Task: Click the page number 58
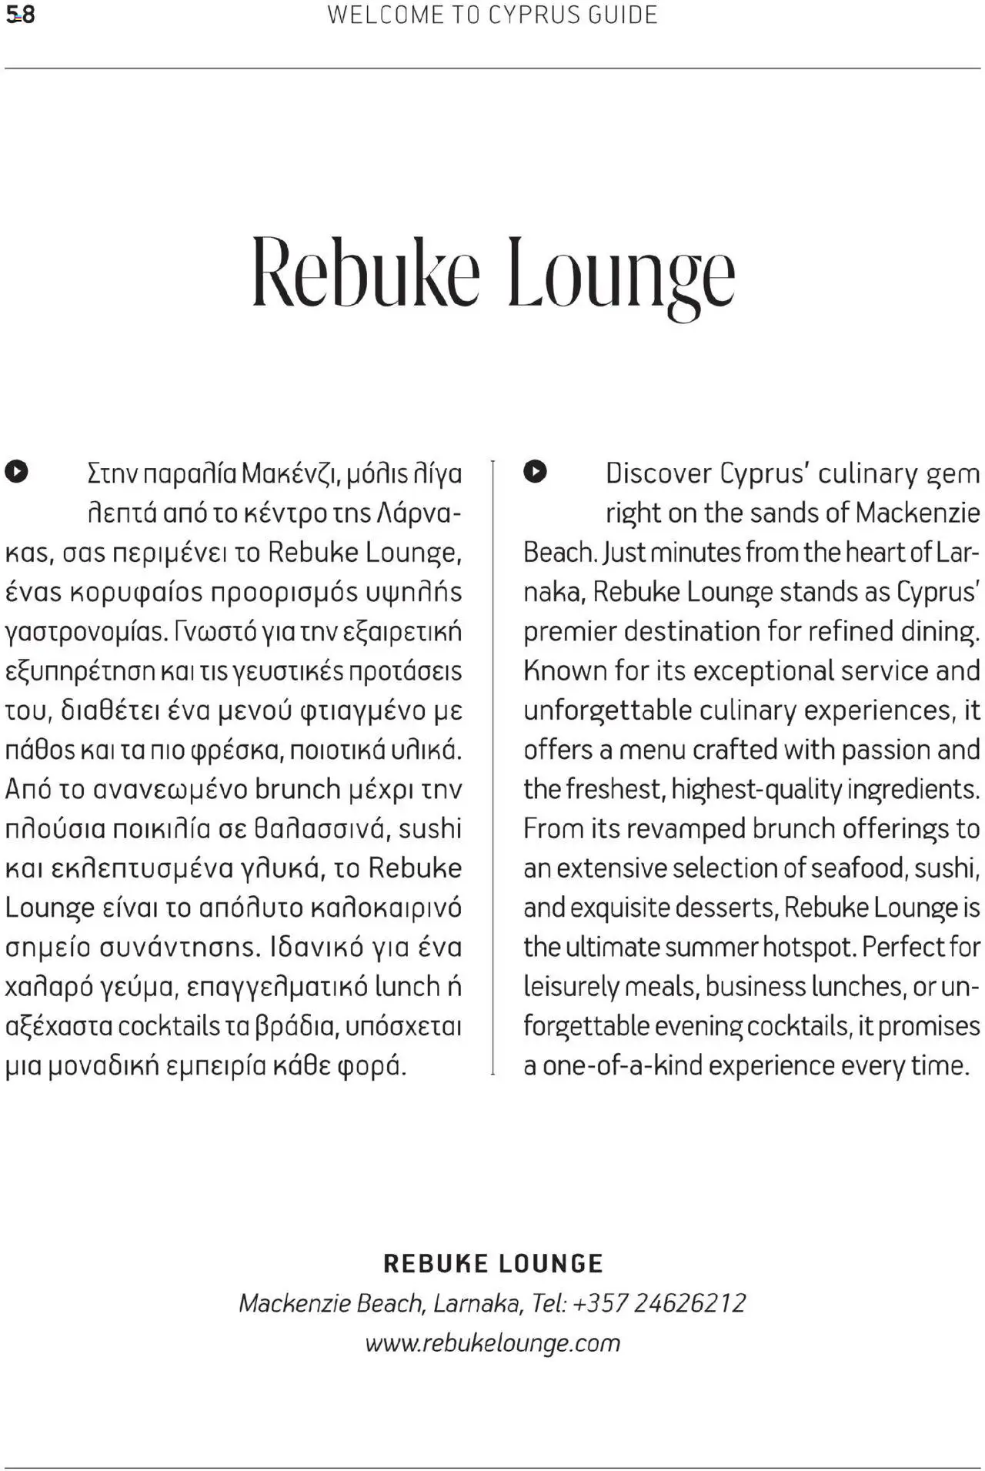[21, 15]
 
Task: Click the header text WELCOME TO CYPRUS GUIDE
[492, 15]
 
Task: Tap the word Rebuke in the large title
[366, 273]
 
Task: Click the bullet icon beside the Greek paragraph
[16, 471]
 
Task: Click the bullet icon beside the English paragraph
[535, 471]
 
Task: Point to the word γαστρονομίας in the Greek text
[86, 632]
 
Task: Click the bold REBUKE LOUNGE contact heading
[492, 1263]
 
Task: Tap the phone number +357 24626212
[659, 1303]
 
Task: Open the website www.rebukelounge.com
[492, 1343]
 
